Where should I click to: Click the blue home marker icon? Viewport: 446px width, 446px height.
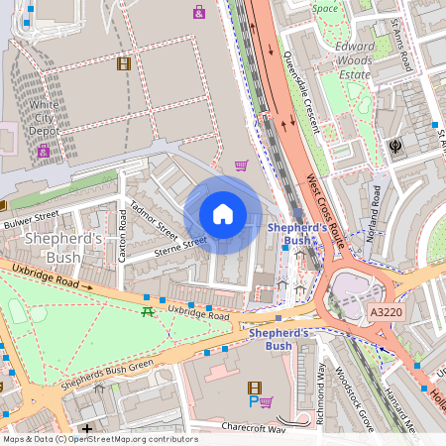(x=223, y=214)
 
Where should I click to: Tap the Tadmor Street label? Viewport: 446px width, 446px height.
(x=153, y=221)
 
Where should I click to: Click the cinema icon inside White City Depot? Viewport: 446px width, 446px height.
(x=123, y=63)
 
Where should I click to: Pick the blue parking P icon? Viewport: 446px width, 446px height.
(x=253, y=402)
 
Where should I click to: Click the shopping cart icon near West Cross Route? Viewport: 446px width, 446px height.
(x=241, y=166)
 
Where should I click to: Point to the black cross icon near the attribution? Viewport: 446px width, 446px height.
(x=87, y=428)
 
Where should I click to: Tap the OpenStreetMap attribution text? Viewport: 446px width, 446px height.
(x=99, y=438)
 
